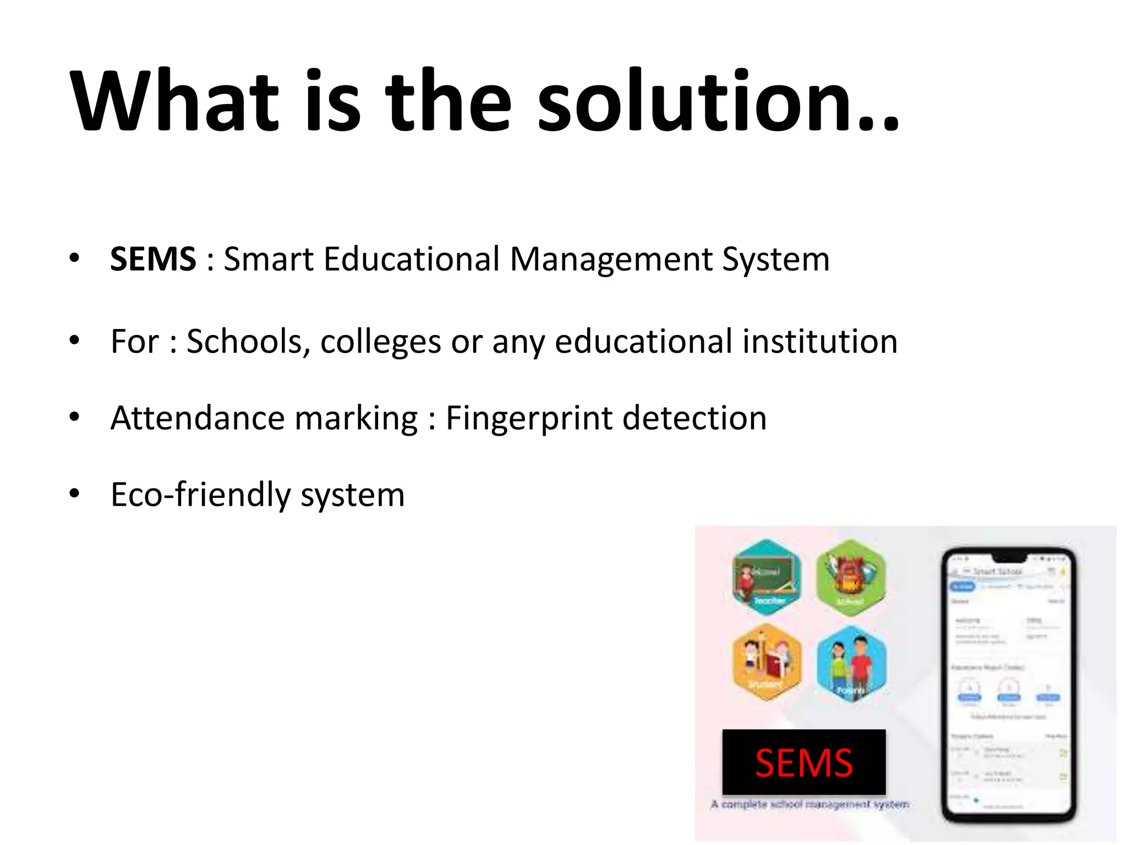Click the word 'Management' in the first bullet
pyautogui.click(x=611, y=260)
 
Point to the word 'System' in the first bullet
pyautogui.click(x=775, y=260)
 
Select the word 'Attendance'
pyautogui.click(x=198, y=418)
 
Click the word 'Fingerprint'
pyautogui.click(x=529, y=419)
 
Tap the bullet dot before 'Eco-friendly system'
pyautogui.click(x=74, y=493)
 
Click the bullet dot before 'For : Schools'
pyautogui.click(x=74, y=340)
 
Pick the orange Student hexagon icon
pyautogui.click(x=767, y=662)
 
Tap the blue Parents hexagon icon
pyautogui.click(x=851, y=663)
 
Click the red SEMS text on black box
pyautogui.click(x=803, y=763)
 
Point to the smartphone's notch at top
pyautogui.click(x=1008, y=556)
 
